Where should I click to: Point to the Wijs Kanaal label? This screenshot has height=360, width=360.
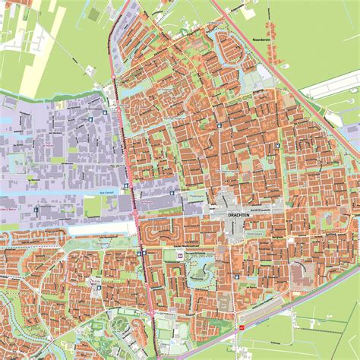pos(95,194)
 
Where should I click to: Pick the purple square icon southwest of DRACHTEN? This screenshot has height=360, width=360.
pos(181,255)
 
